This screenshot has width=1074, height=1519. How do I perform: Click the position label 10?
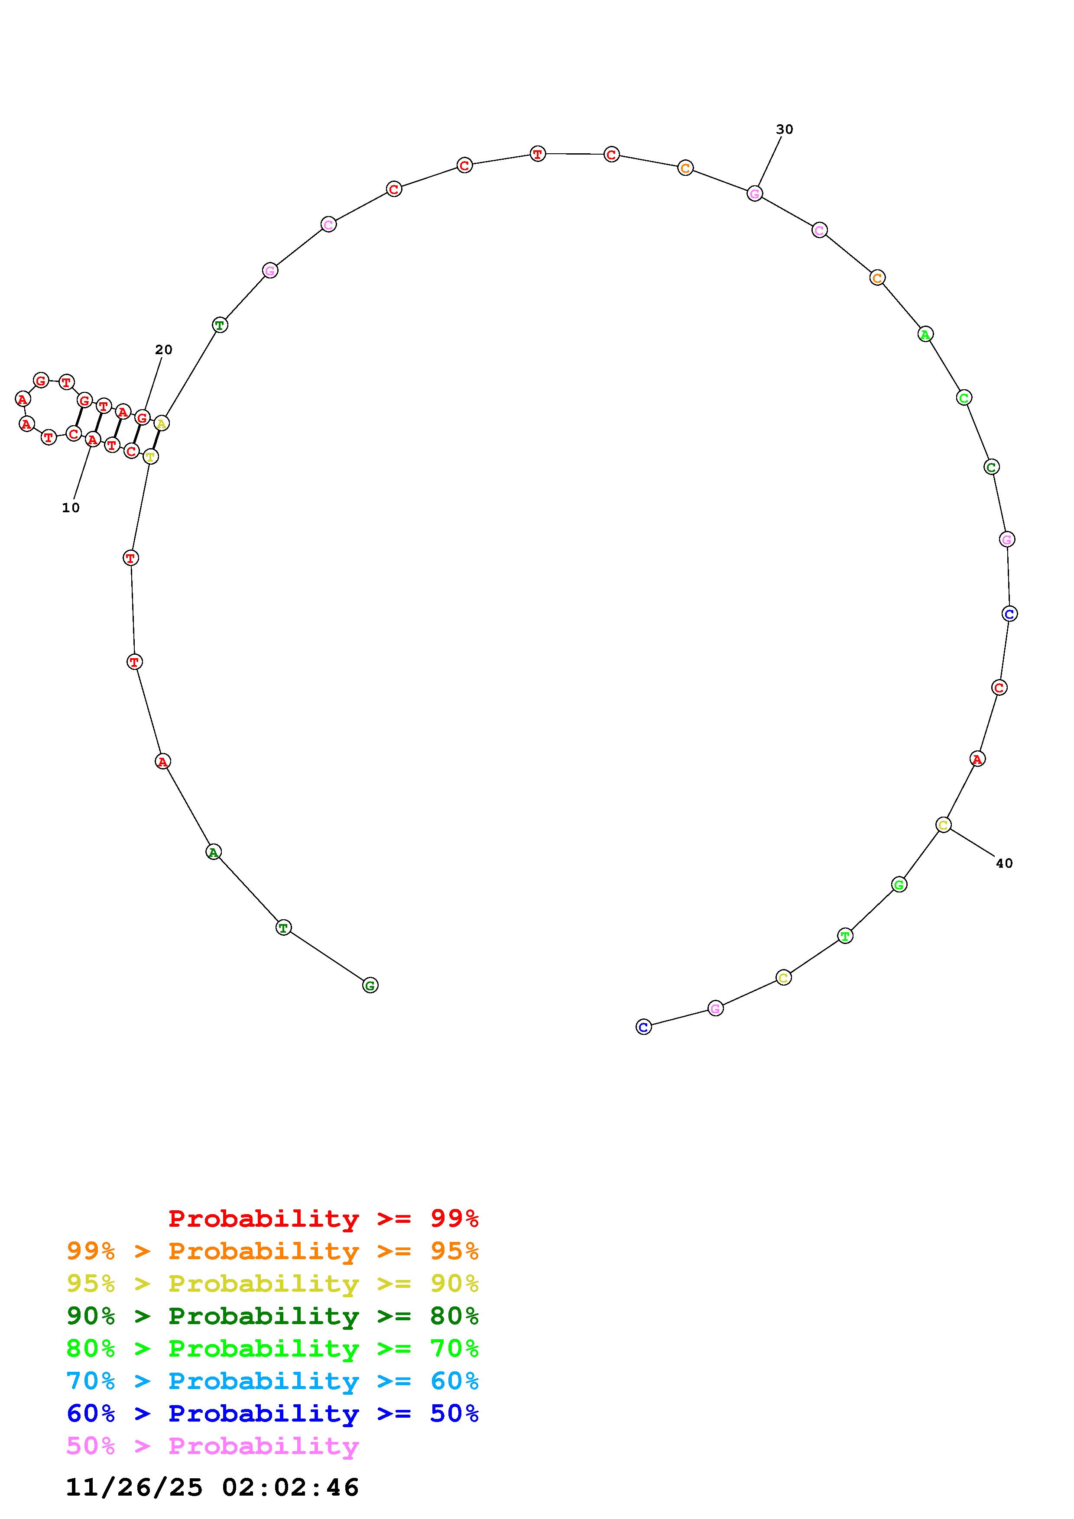[71, 507]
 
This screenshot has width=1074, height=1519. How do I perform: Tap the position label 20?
[163, 349]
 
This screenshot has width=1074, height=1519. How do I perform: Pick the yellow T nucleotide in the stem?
[151, 456]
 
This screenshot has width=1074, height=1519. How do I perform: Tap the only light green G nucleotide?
[899, 885]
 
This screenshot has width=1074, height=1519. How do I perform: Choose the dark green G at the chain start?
[370, 985]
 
